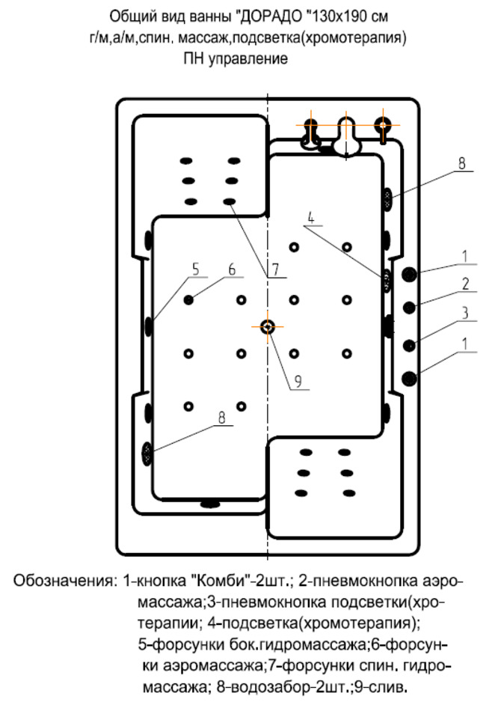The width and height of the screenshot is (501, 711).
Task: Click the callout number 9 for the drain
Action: coord(297,380)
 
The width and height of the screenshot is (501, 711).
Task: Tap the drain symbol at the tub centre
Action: coord(268,326)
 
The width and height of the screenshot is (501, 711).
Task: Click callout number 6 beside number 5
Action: coord(231,269)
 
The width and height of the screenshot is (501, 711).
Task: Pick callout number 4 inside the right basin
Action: coord(311,220)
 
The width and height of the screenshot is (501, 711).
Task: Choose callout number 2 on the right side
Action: coord(464,284)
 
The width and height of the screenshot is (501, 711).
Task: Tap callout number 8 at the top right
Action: coord(462,162)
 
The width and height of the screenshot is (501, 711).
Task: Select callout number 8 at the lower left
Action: coord(222,419)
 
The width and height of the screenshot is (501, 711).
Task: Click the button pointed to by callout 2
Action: coord(410,307)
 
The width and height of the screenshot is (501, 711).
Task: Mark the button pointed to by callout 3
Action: coord(410,344)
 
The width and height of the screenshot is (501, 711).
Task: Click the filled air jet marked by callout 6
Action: coord(188,299)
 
